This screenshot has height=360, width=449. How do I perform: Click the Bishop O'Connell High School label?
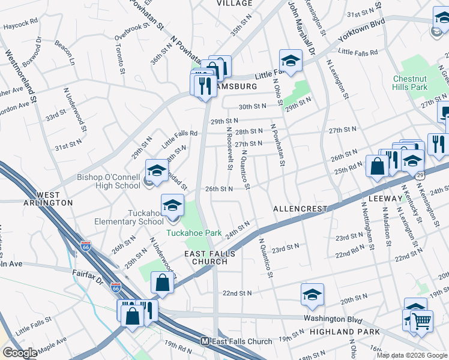[109, 181]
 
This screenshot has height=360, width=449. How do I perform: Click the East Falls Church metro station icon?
[205, 341]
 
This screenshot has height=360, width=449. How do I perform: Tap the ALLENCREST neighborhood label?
[300, 209]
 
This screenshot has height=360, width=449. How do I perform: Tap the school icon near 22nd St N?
[312, 295]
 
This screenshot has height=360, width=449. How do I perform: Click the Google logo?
[20, 353]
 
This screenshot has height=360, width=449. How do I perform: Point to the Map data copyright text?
[412, 355]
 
